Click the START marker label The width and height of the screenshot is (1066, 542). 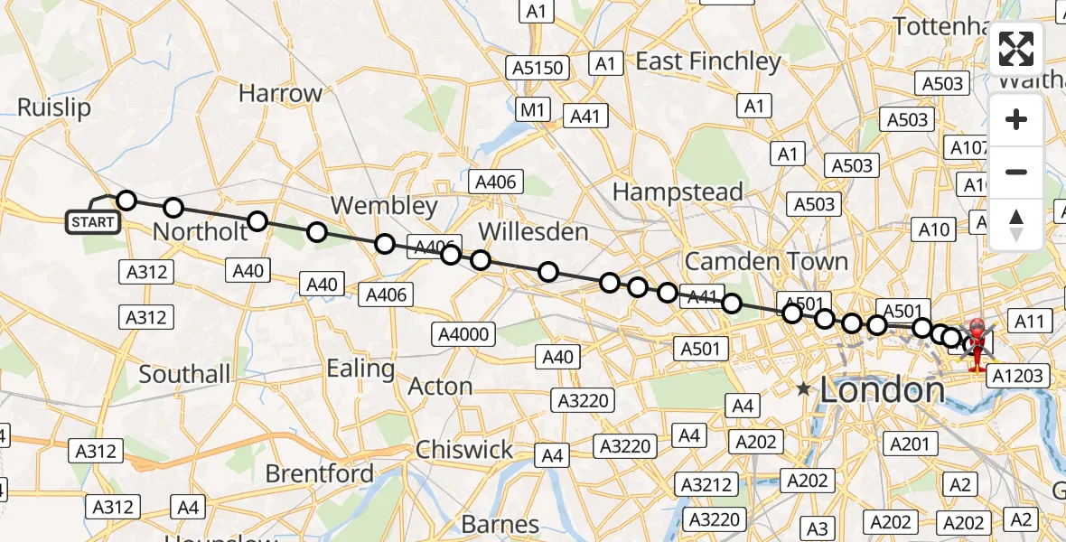click(93, 221)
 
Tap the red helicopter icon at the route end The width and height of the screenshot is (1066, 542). click(978, 344)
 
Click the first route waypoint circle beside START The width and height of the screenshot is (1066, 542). click(126, 201)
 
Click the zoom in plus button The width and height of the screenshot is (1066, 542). click(1016, 119)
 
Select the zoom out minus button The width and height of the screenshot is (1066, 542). click(1016, 172)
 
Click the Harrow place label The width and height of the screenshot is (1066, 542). click(280, 93)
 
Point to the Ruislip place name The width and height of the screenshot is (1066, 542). click(54, 107)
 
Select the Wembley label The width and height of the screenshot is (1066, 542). click(384, 205)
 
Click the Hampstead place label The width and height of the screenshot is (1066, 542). click(678, 192)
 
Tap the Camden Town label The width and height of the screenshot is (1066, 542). click(767, 261)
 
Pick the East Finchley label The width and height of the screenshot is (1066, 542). click(708, 61)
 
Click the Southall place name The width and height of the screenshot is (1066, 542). click(184, 373)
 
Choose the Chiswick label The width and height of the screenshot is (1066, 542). click(464, 449)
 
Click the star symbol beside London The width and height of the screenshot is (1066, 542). click(803, 389)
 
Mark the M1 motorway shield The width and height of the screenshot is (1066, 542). click(533, 109)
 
